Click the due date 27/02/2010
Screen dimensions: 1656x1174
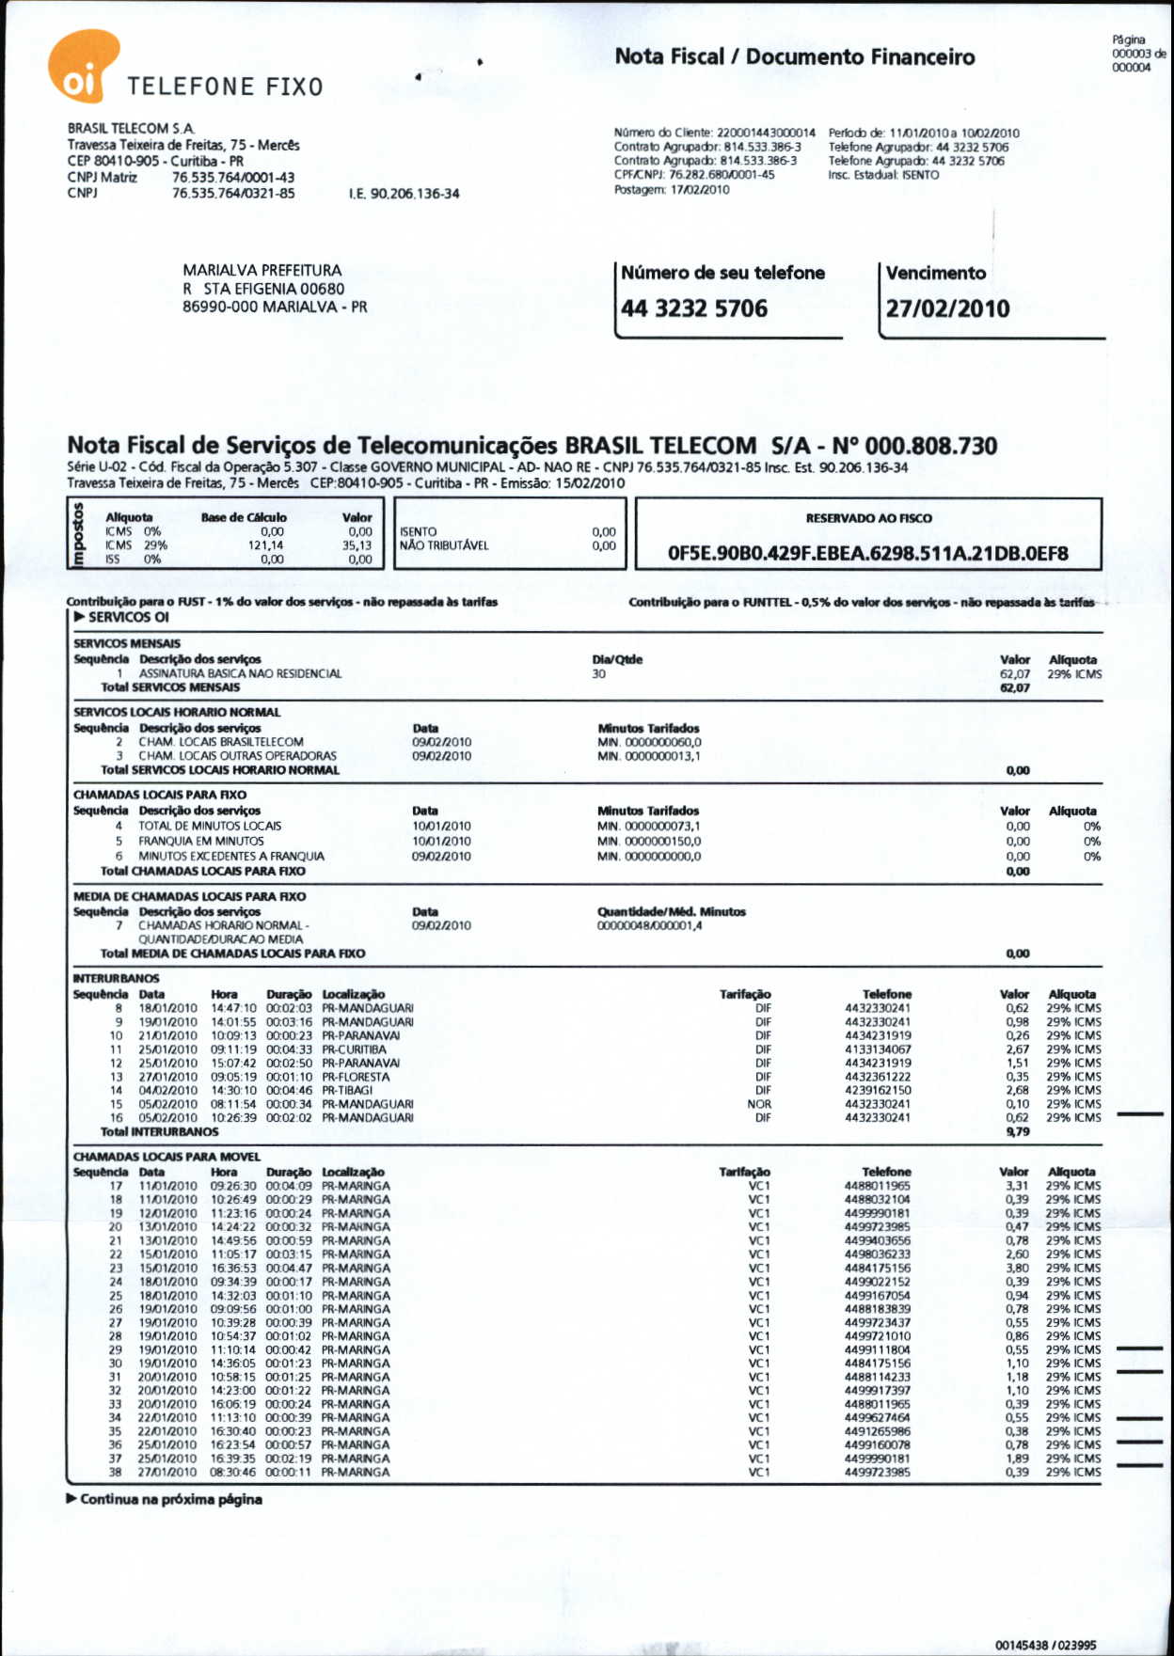click(947, 308)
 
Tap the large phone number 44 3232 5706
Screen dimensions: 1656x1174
click(694, 308)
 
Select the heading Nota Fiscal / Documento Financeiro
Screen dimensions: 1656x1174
click(795, 56)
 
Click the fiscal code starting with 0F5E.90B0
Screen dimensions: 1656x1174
click(867, 554)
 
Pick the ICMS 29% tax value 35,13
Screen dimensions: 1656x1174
click(357, 545)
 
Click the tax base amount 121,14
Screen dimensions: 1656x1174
click(265, 545)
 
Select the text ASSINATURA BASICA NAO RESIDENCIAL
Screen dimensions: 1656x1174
click(240, 674)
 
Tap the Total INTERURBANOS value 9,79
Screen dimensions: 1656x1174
click(1018, 1132)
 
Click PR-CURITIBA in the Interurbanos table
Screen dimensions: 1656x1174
click(354, 1049)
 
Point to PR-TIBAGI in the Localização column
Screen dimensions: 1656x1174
click(347, 1091)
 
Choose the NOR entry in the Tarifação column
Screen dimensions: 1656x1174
click(759, 1105)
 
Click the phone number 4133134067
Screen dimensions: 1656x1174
click(878, 1049)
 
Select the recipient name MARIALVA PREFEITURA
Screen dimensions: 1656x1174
click(262, 271)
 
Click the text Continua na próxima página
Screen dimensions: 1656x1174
click(170, 1499)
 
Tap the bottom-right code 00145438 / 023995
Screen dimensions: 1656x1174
click(1045, 1645)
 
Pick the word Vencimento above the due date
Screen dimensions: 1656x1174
click(936, 274)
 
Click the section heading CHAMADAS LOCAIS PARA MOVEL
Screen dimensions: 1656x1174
click(167, 1157)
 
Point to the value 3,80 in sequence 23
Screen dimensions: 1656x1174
click(1017, 1269)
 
